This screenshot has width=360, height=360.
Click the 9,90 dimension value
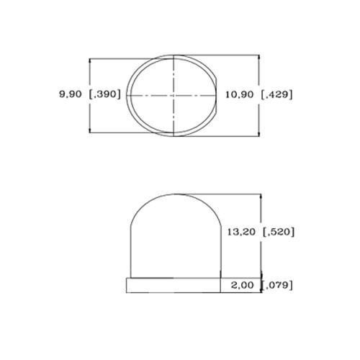tap(71, 94)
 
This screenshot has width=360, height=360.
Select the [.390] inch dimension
tap(104, 94)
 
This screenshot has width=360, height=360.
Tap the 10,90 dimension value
tap(239, 95)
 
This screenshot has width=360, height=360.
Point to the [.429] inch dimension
tap(276, 95)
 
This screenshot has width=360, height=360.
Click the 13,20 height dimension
tap(241, 232)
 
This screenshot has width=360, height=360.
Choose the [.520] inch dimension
tap(279, 232)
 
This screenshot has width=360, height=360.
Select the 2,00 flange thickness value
tap(243, 285)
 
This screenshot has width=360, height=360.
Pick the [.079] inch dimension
tap(277, 285)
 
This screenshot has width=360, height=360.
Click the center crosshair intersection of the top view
tap(174, 96)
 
